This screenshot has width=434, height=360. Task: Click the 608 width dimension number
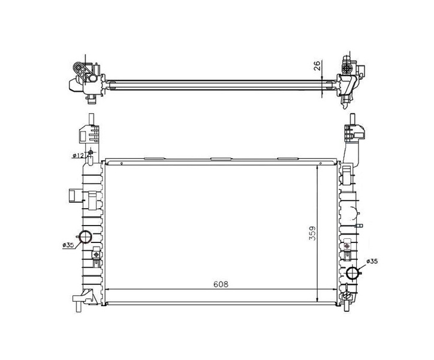click(x=221, y=284)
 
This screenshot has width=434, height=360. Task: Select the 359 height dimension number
click(x=312, y=233)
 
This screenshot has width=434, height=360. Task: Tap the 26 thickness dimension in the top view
click(x=317, y=65)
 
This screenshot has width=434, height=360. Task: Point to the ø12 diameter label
click(x=78, y=155)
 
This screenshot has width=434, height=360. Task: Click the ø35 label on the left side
click(x=68, y=245)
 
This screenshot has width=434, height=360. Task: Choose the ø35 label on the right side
click(x=372, y=261)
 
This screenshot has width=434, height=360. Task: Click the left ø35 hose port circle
click(x=86, y=236)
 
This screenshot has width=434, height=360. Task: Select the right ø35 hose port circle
click(x=353, y=272)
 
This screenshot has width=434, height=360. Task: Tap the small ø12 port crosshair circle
click(x=91, y=152)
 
